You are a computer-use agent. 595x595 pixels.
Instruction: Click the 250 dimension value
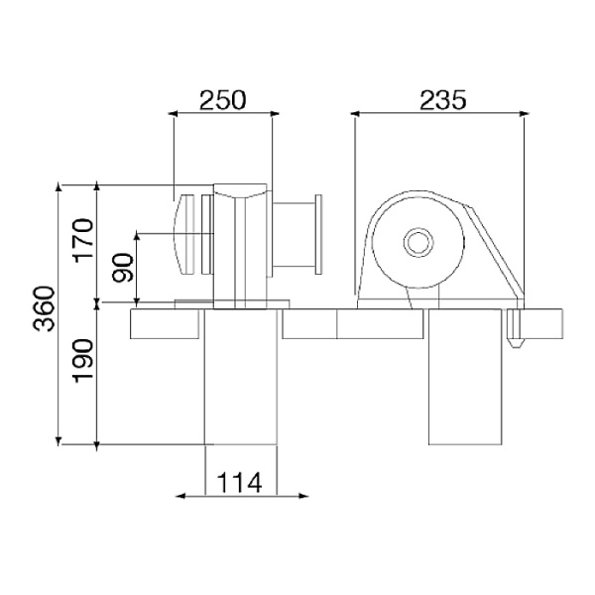(x=223, y=100)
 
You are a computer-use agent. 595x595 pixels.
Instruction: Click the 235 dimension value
(x=442, y=100)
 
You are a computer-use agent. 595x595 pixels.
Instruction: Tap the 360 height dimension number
(x=44, y=308)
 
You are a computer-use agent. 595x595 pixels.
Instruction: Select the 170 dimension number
(x=83, y=241)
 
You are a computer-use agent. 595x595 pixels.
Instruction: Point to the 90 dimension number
(x=123, y=268)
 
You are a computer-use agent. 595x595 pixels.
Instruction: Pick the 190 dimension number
(x=83, y=361)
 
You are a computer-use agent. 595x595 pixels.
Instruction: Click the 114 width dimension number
(x=239, y=483)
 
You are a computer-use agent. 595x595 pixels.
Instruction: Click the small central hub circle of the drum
(x=418, y=242)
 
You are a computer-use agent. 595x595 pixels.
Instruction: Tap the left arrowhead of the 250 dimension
(x=173, y=113)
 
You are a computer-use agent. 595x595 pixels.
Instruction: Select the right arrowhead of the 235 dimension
(x=524, y=113)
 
